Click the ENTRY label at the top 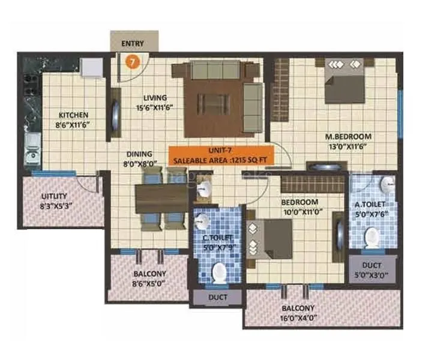click(133, 43)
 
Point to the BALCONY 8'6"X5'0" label click(149, 278)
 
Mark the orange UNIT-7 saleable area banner click(220, 156)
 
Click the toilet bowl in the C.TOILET click(220, 272)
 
